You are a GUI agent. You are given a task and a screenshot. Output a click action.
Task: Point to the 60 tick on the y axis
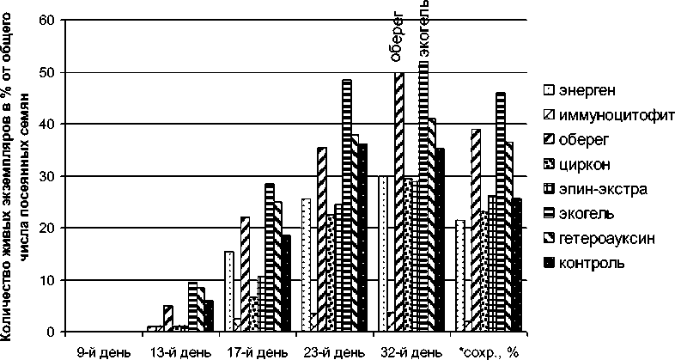coord(52,20)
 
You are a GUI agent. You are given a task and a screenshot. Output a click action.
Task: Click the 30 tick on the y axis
coord(52,176)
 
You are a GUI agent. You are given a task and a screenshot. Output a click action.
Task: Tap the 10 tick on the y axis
coord(52,280)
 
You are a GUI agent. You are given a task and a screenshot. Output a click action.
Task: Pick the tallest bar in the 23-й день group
coord(347,206)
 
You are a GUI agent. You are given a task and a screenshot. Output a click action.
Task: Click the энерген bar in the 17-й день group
coord(229,291)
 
